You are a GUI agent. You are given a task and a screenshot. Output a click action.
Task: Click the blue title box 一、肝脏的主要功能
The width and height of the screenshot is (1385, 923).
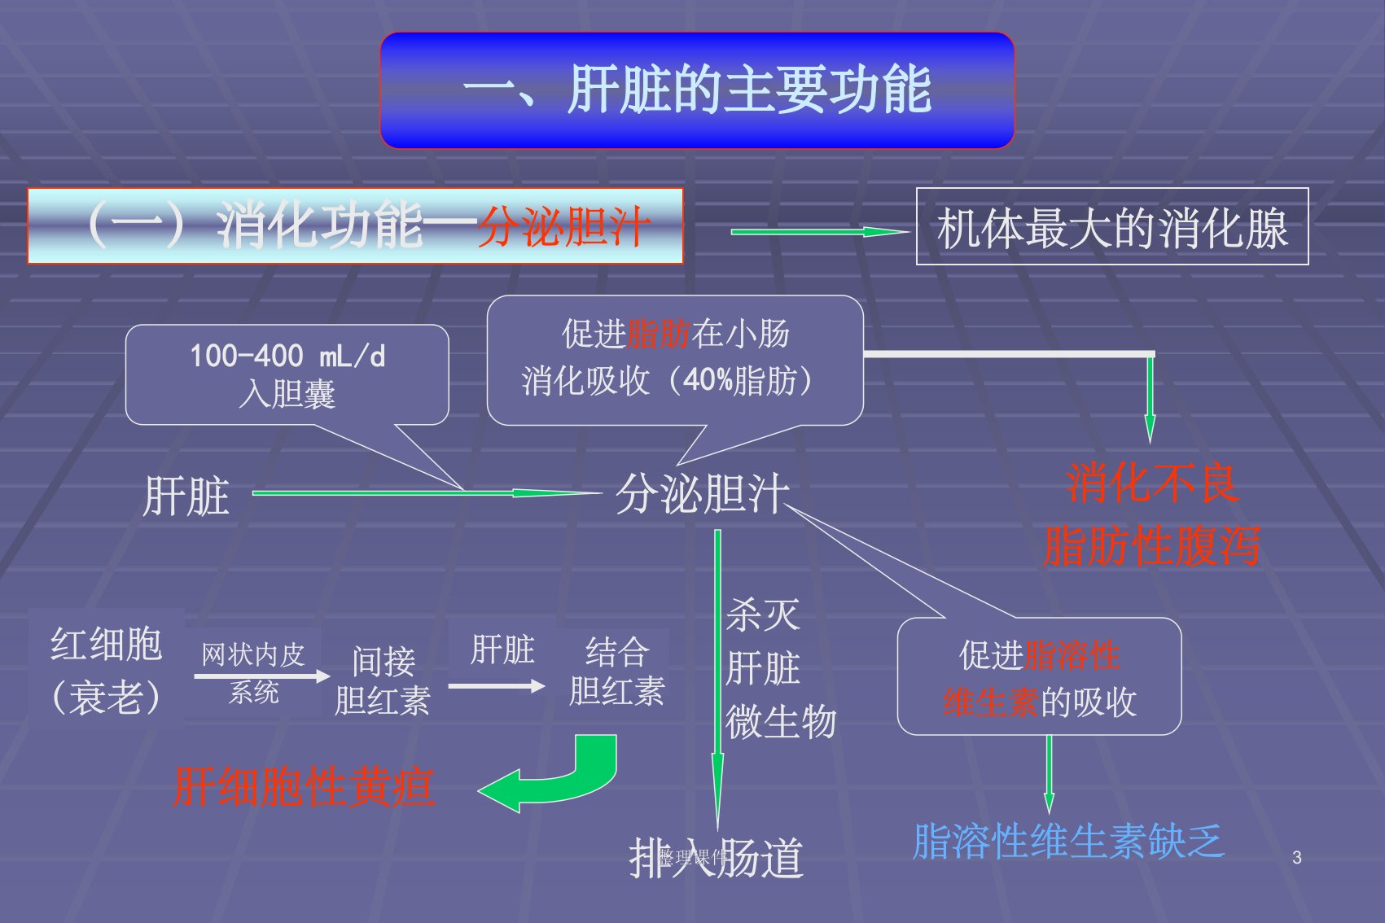697,90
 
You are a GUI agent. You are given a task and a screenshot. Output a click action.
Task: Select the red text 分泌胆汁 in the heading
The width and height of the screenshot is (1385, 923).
563,226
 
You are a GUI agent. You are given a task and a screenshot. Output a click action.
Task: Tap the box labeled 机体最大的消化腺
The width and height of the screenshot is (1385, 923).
1111,227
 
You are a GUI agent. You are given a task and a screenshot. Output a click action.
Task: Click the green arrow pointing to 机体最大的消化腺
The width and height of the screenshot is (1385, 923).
818,232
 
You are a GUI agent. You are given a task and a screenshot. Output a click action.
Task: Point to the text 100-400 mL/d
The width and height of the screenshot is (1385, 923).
287,356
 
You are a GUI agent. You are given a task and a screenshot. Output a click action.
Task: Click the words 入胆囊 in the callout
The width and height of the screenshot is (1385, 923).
287,395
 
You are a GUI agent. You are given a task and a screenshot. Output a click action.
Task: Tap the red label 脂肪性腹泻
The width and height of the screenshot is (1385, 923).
1151,545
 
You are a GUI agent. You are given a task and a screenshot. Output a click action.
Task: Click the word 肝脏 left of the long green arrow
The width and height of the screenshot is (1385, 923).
186,496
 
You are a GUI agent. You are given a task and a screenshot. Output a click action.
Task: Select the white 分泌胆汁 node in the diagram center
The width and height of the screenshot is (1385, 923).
702,494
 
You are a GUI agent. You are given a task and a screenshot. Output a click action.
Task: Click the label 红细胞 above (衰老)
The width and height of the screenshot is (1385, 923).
107,644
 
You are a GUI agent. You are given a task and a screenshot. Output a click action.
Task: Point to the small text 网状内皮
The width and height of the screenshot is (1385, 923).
252,654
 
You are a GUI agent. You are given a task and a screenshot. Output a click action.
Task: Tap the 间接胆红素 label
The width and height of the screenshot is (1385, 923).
382,680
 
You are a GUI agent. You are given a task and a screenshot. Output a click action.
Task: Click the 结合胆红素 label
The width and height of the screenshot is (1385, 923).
616,671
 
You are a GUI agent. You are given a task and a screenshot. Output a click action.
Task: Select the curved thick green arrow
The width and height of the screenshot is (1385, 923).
554,776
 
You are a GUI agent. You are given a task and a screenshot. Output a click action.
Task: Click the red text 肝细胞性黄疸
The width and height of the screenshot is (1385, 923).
304,787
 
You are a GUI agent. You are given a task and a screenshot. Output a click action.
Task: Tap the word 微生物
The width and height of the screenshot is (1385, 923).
780,722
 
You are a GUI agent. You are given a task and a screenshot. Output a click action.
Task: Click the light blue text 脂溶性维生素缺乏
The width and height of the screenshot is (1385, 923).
1067,842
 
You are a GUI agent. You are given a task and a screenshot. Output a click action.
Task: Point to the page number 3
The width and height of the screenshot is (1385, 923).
1296,857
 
